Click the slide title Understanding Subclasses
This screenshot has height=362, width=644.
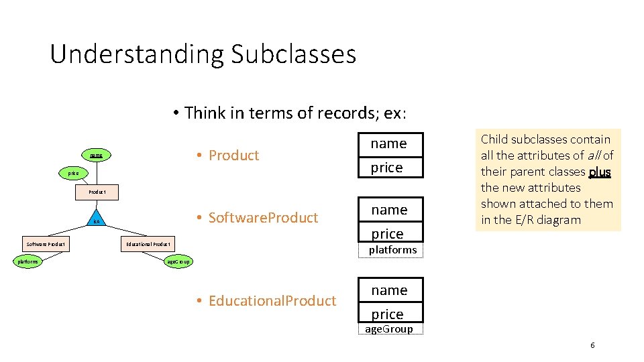pos(203,54)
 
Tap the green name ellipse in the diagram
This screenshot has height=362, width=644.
pos(97,156)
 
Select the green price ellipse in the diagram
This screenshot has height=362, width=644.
pos(73,173)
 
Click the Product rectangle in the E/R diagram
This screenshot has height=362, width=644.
pos(97,192)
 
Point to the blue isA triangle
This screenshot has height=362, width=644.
pos(97,221)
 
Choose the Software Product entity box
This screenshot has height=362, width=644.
pos(46,244)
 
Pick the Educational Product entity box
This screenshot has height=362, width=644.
pos(148,244)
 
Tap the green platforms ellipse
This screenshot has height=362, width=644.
pos(28,261)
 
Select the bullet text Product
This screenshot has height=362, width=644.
pos(233,156)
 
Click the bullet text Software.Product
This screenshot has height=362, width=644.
pos(263,218)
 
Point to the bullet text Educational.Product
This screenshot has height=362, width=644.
pos(272,301)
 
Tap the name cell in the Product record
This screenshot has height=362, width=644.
pos(389,143)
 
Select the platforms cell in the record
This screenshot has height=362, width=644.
pos(392,250)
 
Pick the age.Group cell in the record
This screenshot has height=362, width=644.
pos(388,329)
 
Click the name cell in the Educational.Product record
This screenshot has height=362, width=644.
pos(389,290)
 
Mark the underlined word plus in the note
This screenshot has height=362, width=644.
pos(599,172)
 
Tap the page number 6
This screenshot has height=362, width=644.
pos(592,345)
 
